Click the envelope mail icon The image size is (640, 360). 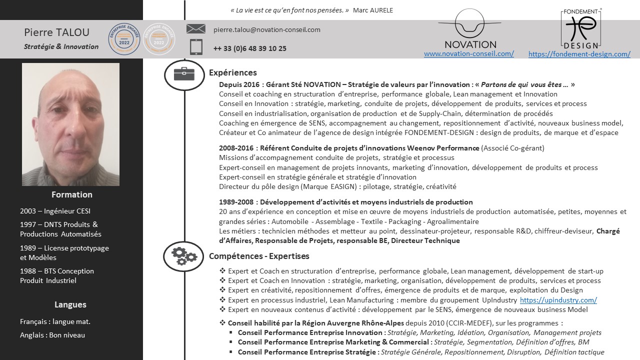195,29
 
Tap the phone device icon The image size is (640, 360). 196,47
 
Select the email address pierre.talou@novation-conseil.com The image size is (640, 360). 266,29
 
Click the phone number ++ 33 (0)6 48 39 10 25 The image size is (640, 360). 249,48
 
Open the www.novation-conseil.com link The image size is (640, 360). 468,53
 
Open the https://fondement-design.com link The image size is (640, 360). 579,54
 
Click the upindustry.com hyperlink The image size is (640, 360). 558,300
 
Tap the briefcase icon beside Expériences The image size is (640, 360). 184,74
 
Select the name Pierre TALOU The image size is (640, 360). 56,32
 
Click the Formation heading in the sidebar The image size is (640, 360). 72,194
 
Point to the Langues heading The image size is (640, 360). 70,304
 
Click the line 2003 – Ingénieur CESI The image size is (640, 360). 55,211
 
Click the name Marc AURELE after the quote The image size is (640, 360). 372,10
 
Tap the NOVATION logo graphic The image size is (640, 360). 470,30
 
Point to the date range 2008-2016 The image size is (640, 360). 236,148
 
